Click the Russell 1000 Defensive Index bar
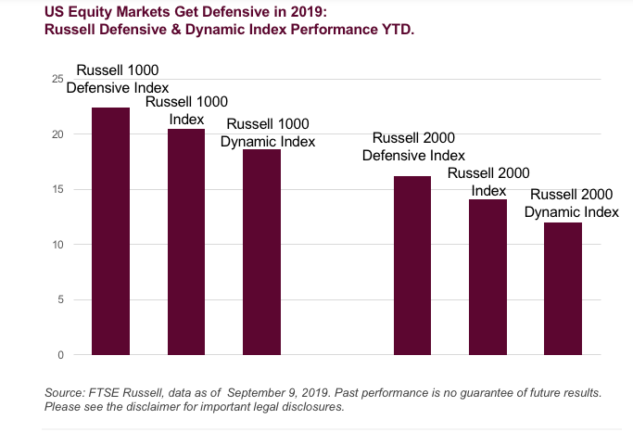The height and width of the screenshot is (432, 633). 110,231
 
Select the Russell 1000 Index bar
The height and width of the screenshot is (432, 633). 186,241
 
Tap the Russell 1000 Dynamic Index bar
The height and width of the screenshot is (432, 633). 261,251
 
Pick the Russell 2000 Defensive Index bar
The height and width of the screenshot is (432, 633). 412,265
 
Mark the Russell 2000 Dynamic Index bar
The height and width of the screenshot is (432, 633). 563,288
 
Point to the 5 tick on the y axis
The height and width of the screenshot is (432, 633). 59,299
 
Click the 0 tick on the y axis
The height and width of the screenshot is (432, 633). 59,355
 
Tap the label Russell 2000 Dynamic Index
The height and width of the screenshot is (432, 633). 571,203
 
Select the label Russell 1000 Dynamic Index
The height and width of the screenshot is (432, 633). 268,133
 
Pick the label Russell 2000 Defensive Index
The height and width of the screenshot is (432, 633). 413,146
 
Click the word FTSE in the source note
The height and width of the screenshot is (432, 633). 104,393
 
